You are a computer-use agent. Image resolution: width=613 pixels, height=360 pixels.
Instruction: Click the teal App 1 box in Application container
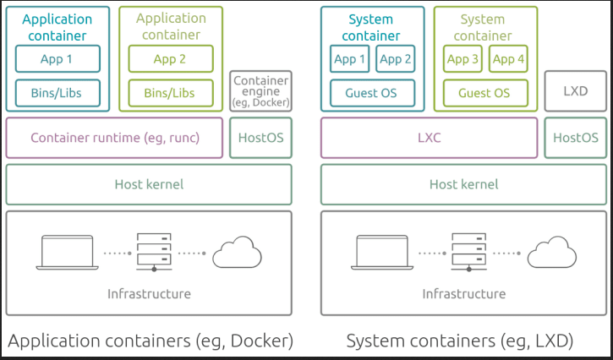pyautogui.click(x=57, y=59)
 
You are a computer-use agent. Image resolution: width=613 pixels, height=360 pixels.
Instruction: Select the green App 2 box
pyautogui.click(x=171, y=59)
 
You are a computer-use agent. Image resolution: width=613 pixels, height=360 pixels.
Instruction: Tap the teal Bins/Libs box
pyautogui.click(x=57, y=92)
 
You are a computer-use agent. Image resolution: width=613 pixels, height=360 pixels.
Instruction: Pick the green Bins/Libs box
pyautogui.click(x=171, y=92)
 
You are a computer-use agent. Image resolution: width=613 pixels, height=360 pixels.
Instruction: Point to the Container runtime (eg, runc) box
pyautogui.click(x=115, y=138)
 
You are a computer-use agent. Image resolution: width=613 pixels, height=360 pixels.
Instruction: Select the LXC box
pyautogui.click(x=430, y=138)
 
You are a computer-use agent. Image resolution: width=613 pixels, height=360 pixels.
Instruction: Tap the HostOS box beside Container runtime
pyautogui.click(x=260, y=138)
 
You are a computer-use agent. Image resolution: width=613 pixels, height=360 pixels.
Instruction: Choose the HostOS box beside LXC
pyautogui.click(x=576, y=138)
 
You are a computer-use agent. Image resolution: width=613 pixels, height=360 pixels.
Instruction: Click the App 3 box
pyautogui.click(x=463, y=59)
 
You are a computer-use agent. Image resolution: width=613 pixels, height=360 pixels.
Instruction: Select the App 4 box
pyautogui.click(x=509, y=59)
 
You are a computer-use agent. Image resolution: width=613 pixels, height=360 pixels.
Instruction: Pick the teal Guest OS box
pyautogui.click(x=373, y=92)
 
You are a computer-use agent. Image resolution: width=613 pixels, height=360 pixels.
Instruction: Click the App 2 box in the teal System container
pyautogui.click(x=396, y=59)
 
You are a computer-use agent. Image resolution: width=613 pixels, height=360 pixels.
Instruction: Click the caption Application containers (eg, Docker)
pyautogui.click(x=151, y=341)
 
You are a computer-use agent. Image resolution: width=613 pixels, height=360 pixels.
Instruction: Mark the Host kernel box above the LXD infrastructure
pyautogui.click(x=464, y=184)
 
